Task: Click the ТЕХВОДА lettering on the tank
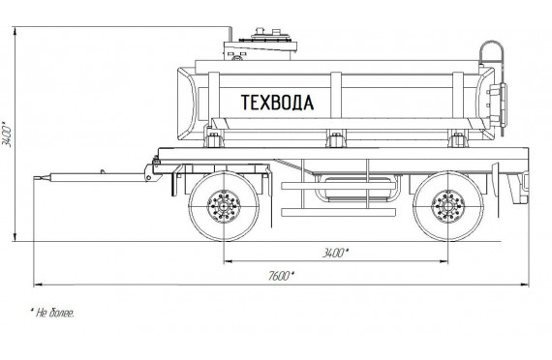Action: click(x=277, y=103)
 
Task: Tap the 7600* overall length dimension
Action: click(x=281, y=276)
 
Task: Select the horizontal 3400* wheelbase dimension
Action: click(x=335, y=253)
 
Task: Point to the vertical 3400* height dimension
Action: click(x=7, y=135)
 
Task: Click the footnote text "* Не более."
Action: click(x=52, y=313)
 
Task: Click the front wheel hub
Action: click(x=224, y=206)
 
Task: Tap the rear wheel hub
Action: click(x=448, y=206)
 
